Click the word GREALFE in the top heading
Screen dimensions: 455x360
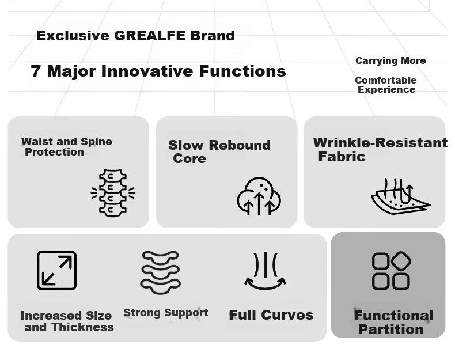tap(150, 36)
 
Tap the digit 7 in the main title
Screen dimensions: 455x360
tap(35, 71)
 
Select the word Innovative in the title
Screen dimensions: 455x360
tap(147, 71)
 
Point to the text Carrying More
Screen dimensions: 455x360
tap(390, 60)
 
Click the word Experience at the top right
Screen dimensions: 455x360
tap(386, 89)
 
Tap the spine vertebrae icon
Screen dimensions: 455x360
tap(113, 193)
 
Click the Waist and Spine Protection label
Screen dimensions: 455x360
tap(66, 147)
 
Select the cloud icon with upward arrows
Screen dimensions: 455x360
tap(259, 196)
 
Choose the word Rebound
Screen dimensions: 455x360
tap(240, 145)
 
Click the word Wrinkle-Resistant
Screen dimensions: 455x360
tap(381, 143)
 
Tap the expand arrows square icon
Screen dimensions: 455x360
tap(56, 270)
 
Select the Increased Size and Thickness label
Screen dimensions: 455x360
tap(67, 321)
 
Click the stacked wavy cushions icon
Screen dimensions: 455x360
tap(161, 272)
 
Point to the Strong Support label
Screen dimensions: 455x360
tap(166, 313)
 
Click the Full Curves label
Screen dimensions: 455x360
tap(271, 315)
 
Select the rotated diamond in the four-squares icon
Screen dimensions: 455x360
tap(401, 261)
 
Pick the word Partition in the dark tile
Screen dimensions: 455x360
tap(391, 329)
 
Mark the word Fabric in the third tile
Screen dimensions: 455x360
tap(342, 157)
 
